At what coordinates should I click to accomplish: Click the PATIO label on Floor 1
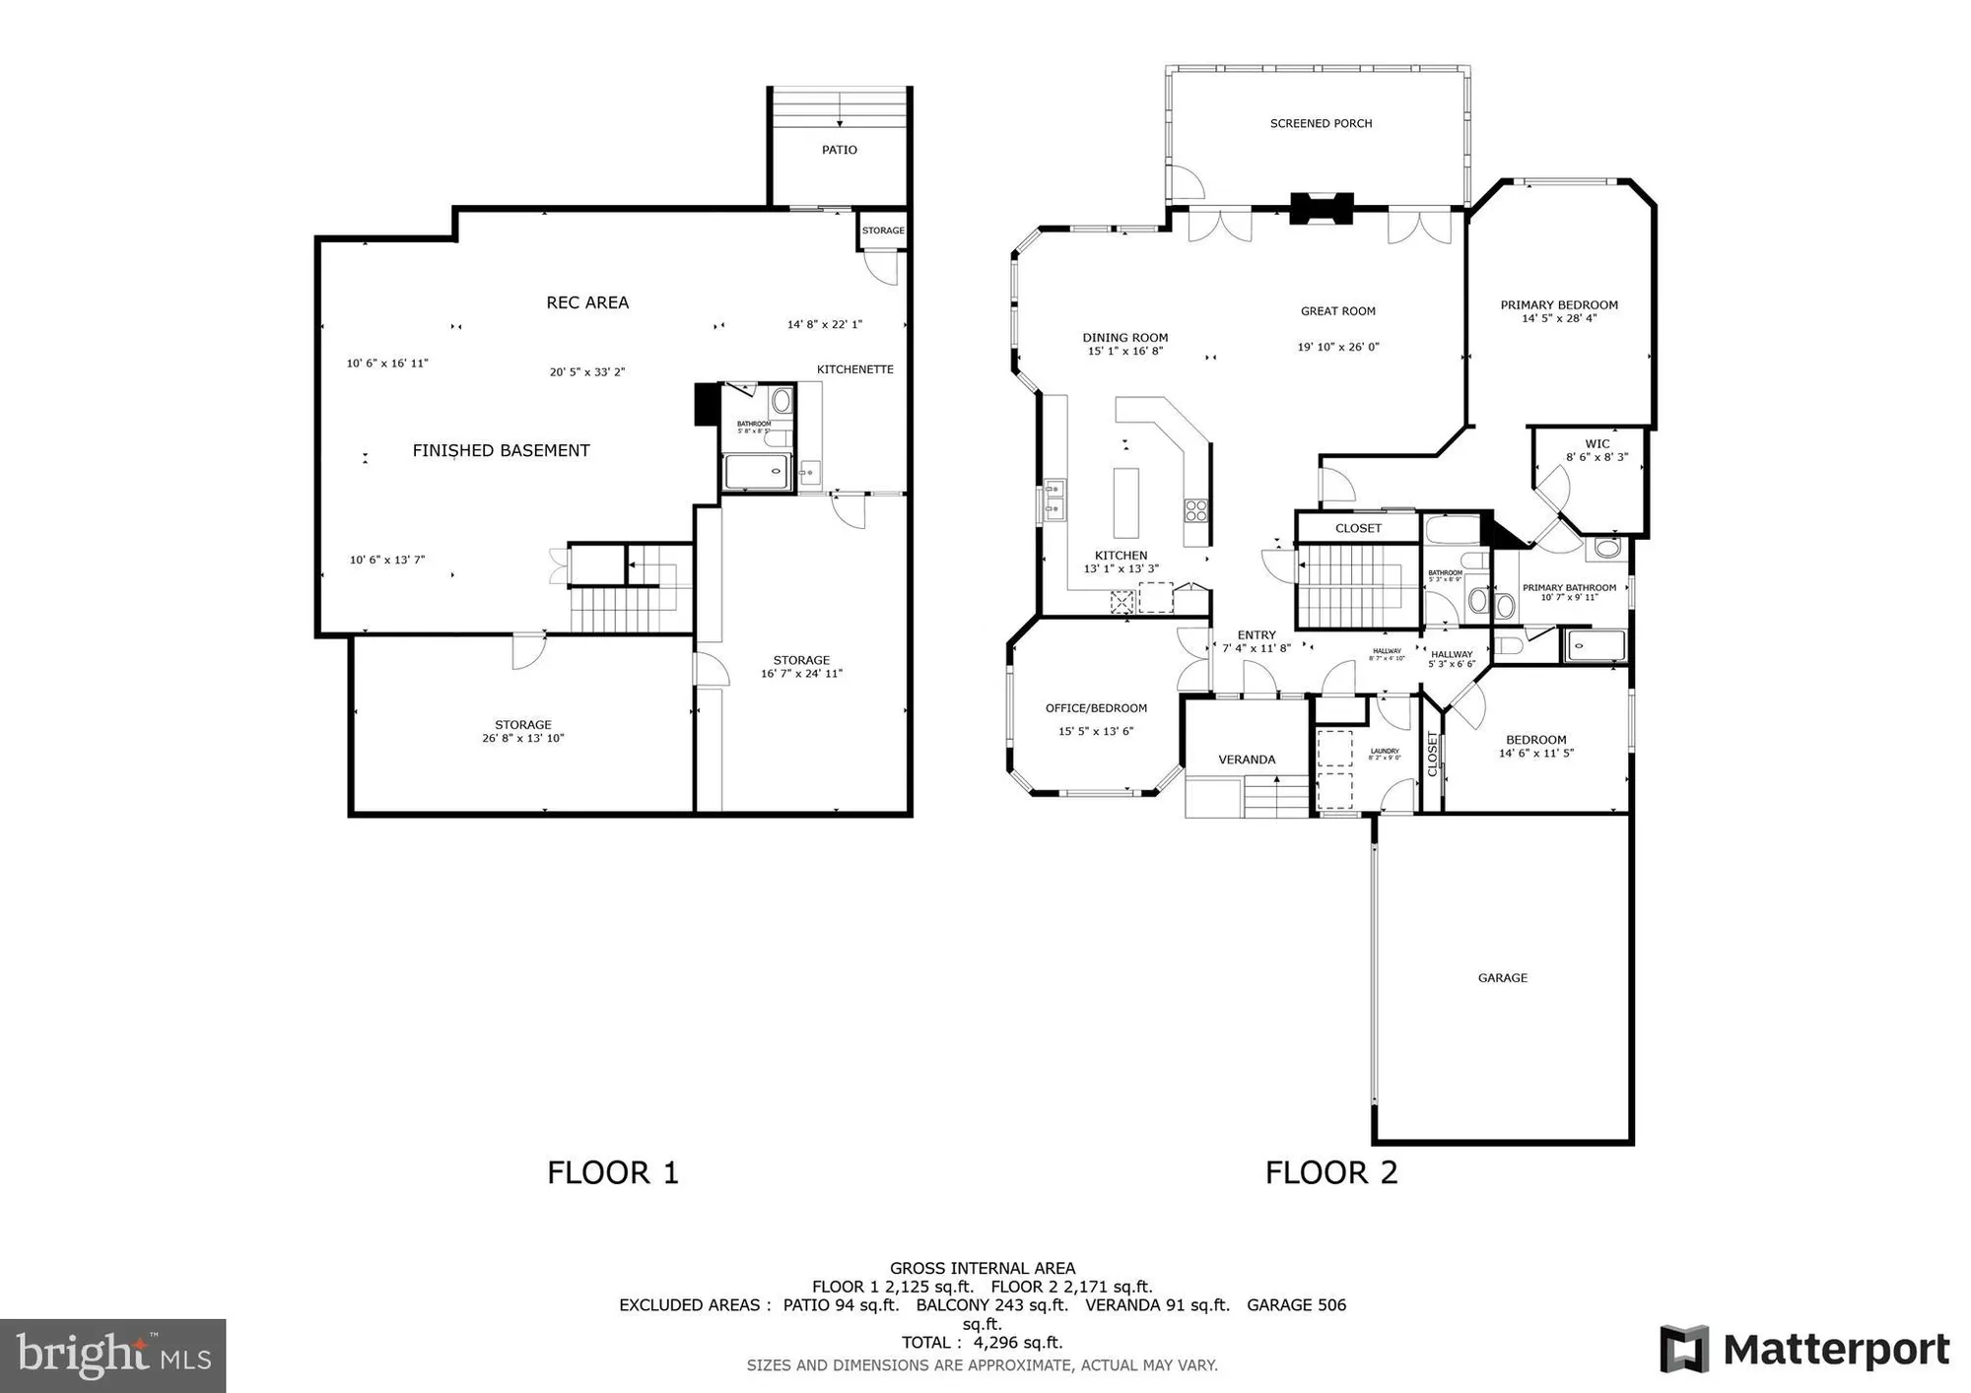(x=840, y=150)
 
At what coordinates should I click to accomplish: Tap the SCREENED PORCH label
(x=1321, y=123)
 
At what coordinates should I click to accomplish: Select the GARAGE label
(x=1502, y=977)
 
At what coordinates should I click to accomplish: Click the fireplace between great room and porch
(x=1322, y=208)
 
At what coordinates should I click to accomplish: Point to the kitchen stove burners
(x=1196, y=510)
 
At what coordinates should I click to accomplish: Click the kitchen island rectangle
(x=1125, y=502)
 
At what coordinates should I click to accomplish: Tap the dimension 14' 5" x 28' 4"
(x=1559, y=318)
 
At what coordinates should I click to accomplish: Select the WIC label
(x=1597, y=443)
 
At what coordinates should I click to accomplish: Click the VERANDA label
(x=1247, y=760)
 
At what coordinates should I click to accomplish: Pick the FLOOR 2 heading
(x=1331, y=1172)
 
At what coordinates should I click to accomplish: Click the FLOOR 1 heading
(x=613, y=1172)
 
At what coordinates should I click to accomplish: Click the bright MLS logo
(x=113, y=1356)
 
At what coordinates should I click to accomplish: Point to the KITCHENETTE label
(x=854, y=369)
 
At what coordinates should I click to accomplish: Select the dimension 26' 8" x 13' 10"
(x=523, y=738)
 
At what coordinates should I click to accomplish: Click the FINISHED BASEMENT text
(x=501, y=450)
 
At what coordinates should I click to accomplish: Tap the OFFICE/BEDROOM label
(x=1096, y=707)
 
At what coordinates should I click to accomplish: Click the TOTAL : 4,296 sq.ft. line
(x=983, y=1342)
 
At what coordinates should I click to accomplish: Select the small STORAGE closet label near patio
(x=883, y=231)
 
